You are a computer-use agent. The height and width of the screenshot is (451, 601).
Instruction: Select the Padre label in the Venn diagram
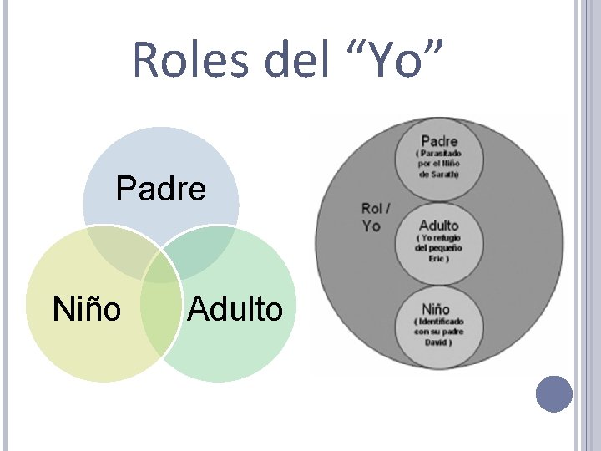[161, 190]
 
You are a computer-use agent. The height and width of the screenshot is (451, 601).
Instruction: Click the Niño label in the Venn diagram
[87, 308]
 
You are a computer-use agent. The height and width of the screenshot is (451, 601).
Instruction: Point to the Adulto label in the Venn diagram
[235, 308]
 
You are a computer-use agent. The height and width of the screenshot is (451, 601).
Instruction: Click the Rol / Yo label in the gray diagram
[376, 216]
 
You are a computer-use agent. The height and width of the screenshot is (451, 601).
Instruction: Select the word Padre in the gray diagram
[439, 141]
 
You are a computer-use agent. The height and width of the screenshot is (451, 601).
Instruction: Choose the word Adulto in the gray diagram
[439, 225]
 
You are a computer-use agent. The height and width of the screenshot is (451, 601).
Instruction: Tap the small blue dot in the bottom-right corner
[554, 393]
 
